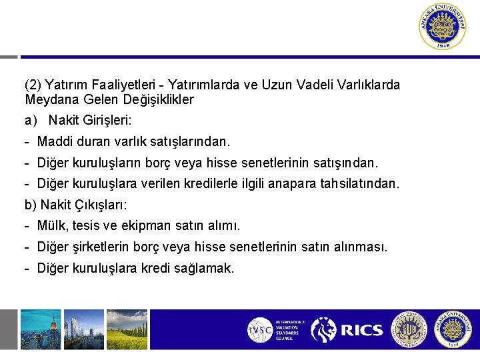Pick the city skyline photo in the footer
click(x=40, y=329)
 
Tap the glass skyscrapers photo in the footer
click(x=84, y=329)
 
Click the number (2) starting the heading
click(x=31, y=85)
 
